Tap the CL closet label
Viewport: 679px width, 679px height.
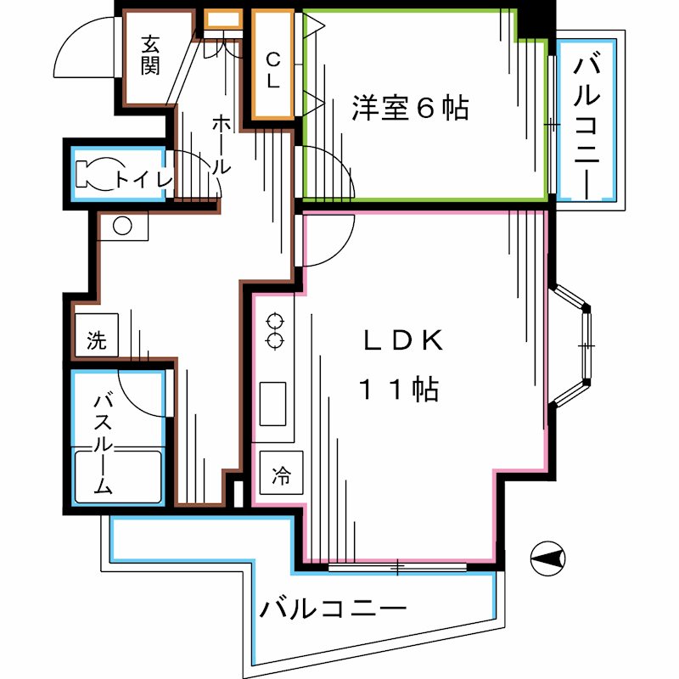(273, 70)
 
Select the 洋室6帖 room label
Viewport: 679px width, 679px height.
(410, 108)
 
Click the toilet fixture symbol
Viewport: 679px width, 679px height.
(95, 174)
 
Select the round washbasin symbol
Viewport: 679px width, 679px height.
(122, 227)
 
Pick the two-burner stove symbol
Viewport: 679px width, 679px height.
(274, 331)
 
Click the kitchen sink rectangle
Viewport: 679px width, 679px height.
(273, 404)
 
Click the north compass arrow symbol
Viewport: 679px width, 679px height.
(547, 558)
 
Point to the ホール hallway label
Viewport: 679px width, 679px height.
(221, 145)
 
